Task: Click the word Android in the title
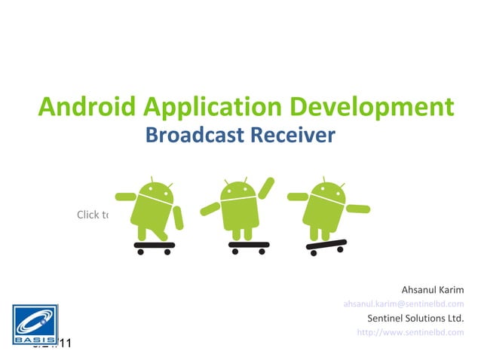coord(83,108)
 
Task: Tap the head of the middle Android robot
coord(239,193)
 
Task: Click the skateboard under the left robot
coord(154,246)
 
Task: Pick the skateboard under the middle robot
coord(248,246)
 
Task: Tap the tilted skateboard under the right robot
coord(326,246)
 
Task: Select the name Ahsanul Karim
coord(432,290)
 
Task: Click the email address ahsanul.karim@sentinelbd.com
coord(403,304)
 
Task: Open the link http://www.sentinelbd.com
coord(409,333)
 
